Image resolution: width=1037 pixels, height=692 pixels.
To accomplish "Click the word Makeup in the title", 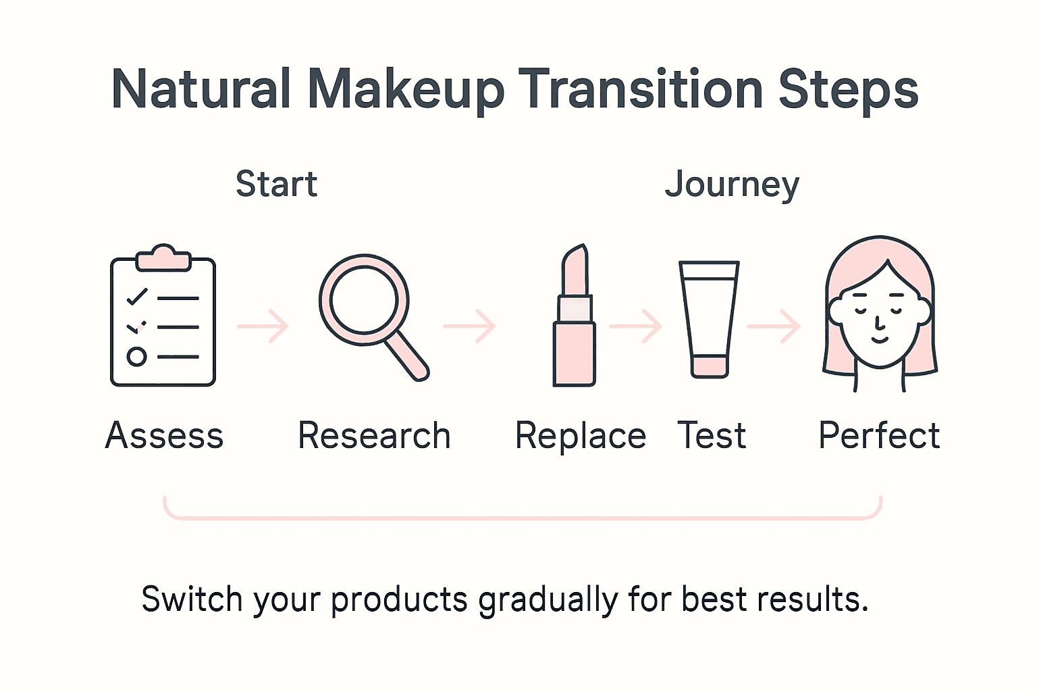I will tap(405, 90).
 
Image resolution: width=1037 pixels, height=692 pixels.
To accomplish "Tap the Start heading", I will tap(276, 184).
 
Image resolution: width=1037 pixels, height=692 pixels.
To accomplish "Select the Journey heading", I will tap(732, 184).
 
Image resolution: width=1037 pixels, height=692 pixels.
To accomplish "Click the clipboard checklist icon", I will tap(163, 318).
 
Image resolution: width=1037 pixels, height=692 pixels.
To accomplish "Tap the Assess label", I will tap(165, 435).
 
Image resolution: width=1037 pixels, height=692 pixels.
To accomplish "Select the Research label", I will tap(374, 435).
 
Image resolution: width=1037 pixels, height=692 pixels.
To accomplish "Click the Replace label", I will tap(581, 435).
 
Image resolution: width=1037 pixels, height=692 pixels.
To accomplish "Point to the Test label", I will tap(712, 435).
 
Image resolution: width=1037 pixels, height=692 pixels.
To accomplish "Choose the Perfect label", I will tap(879, 435).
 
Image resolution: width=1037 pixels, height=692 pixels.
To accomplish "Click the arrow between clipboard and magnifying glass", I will tap(263, 326).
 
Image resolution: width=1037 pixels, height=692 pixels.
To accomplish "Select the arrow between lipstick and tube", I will tap(636, 326).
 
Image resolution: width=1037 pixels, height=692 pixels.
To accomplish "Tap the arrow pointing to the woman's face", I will tap(774, 326).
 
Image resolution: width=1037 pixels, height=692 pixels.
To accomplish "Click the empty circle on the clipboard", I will tap(136, 356).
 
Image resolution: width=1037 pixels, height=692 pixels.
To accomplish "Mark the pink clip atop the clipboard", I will tap(163, 258).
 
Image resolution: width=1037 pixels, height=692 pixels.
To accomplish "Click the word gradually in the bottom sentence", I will tap(548, 600).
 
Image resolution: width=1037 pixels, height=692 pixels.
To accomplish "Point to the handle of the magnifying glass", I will tap(408, 355).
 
